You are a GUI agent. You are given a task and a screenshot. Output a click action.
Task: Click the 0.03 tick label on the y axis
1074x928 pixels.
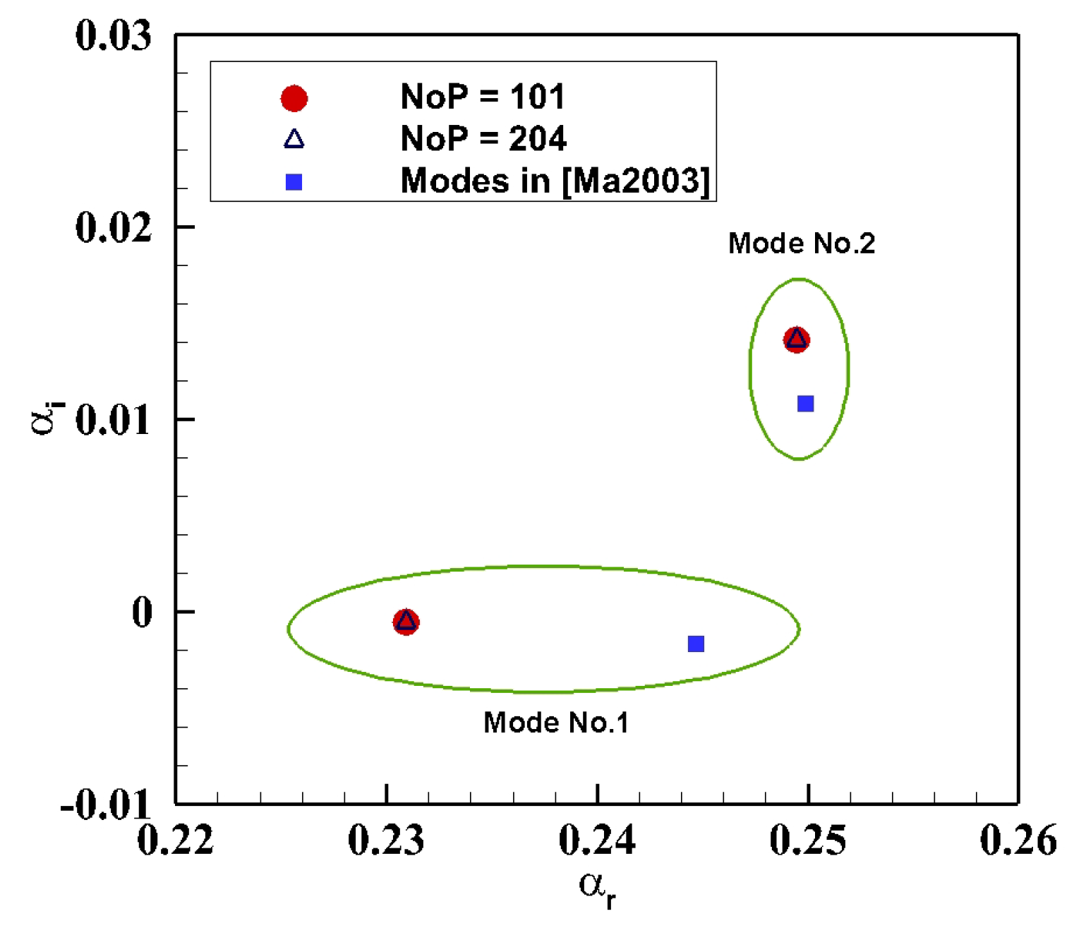point(113,35)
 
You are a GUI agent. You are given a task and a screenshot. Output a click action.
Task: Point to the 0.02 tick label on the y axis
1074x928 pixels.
point(113,228)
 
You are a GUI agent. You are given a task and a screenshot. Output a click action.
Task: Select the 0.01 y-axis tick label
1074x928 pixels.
point(113,421)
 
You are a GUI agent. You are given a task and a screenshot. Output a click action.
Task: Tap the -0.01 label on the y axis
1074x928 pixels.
point(106,804)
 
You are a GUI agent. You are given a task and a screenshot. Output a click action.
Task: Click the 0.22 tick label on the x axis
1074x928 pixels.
point(175,840)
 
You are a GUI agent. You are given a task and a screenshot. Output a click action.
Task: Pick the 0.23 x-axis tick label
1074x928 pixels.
point(386,840)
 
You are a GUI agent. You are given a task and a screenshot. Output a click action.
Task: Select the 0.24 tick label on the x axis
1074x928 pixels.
point(597,840)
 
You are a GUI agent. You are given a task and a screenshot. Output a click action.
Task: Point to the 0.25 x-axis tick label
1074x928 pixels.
point(808,840)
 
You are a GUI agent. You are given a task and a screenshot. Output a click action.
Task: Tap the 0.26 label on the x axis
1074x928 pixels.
point(1018,840)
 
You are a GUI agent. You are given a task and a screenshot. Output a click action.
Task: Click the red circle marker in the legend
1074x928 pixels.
point(294,99)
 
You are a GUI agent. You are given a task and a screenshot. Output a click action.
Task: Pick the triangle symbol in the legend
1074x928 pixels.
point(294,139)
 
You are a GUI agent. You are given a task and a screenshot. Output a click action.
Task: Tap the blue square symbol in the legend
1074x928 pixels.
point(294,182)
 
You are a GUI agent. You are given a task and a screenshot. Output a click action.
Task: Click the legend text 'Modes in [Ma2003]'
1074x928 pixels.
point(555,181)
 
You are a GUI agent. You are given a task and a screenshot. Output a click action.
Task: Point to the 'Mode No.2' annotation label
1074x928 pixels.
point(802,243)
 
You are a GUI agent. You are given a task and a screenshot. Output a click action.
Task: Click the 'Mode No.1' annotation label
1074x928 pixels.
point(556,723)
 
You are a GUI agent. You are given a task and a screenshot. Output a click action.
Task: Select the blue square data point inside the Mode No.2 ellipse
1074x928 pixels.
point(805,404)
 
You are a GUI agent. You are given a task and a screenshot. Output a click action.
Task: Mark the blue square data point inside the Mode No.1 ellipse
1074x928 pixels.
point(696,644)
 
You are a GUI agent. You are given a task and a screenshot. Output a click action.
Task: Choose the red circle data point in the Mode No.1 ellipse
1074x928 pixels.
point(406,622)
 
